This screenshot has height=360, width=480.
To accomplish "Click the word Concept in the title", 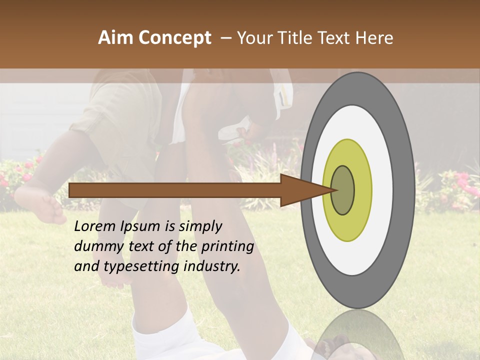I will click(174, 38).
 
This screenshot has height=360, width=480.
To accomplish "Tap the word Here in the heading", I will click(374, 38).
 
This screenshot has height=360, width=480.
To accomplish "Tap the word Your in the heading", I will click(253, 38).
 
